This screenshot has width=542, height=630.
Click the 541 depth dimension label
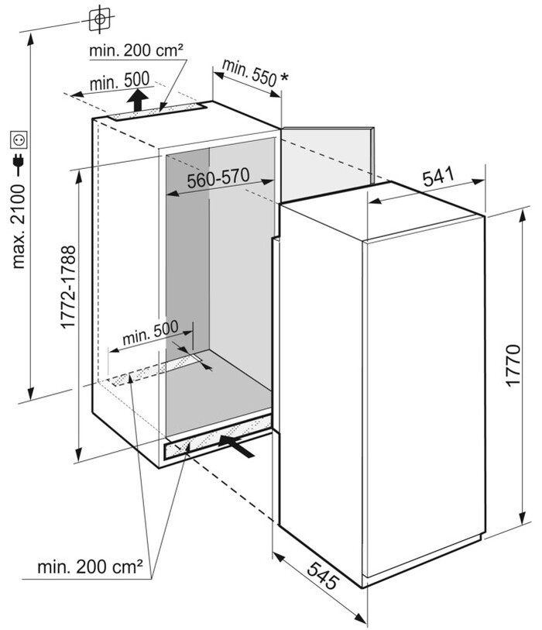(x=438, y=177)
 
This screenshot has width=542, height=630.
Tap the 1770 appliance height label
(x=513, y=365)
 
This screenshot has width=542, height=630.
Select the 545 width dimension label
(x=323, y=575)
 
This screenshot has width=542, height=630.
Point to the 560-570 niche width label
(x=218, y=178)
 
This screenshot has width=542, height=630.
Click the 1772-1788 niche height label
(x=68, y=287)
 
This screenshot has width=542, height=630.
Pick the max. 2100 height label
(x=19, y=226)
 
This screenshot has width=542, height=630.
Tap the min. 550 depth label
(x=249, y=72)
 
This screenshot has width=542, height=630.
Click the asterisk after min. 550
(x=284, y=76)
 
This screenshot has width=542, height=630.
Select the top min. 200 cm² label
(x=136, y=50)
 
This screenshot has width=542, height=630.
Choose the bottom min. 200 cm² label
(x=90, y=566)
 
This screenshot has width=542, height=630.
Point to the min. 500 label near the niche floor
(x=150, y=332)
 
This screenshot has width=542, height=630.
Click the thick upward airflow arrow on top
(x=138, y=100)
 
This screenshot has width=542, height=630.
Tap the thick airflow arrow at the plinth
(x=236, y=446)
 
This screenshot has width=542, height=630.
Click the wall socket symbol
(x=19, y=139)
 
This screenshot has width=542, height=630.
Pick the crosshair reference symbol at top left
(x=100, y=19)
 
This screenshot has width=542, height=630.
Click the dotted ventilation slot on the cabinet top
(x=158, y=112)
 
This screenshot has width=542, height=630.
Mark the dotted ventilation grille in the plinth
(x=218, y=439)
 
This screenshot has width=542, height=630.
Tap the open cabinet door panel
(x=328, y=164)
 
